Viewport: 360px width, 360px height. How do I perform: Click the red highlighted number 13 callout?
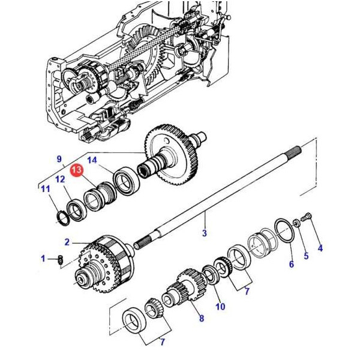pyautogui.click(x=77, y=172)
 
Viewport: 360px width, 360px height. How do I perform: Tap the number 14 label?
pyautogui.click(x=92, y=160)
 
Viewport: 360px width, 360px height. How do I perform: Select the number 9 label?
pyautogui.click(x=59, y=159)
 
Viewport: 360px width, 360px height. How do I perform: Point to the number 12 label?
pyautogui.click(x=60, y=179)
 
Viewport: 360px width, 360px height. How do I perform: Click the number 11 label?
pyautogui.click(x=45, y=190)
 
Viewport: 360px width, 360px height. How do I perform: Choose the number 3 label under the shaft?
pyautogui.click(x=204, y=233)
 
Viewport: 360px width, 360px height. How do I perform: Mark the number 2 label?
pyautogui.click(x=67, y=242)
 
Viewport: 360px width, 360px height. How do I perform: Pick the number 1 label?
pyautogui.click(x=43, y=259)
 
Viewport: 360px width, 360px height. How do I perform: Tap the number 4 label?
pyautogui.click(x=320, y=248)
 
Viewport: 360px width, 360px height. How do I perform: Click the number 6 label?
pyautogui.click(x=291, y=265)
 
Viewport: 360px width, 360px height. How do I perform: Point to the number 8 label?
pyautogui.click(x=202, y=318)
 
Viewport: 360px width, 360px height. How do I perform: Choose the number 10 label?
pyautogui.click(x=220, y=307)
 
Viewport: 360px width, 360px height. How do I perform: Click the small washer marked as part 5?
pyautogui.click(x=296, y=223)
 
